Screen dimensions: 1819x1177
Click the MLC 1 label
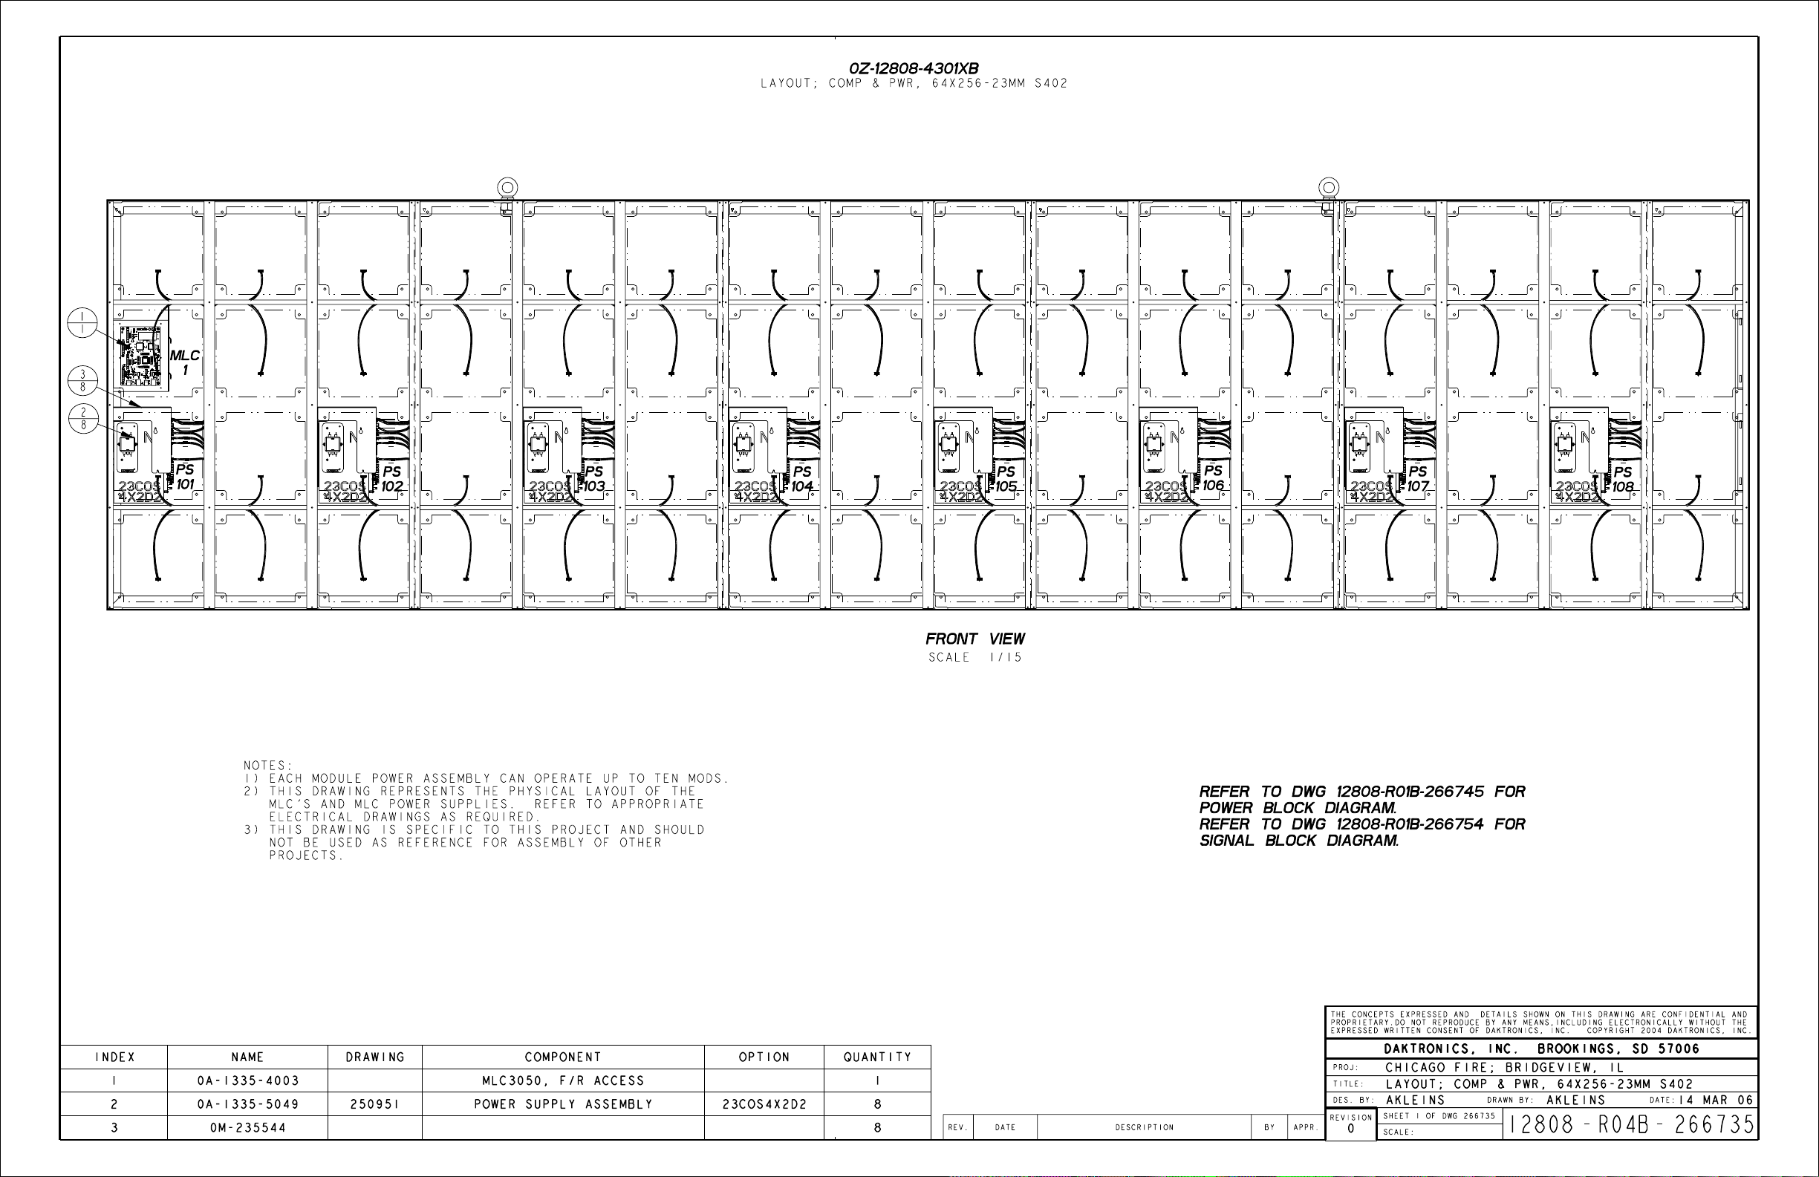pos(184,362)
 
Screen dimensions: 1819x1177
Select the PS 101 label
pos(184,477)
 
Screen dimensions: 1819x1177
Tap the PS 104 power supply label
pos(801,478)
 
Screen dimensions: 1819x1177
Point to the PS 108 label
pos(1623,479)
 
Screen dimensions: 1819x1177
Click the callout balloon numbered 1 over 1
pos(82,322)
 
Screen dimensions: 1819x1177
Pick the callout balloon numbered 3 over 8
pos(82,380)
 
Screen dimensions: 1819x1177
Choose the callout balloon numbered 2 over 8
pos(82,418)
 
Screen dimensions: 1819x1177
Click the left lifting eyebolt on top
pos(507,187)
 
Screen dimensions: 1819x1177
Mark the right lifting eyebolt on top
pos(1328,187)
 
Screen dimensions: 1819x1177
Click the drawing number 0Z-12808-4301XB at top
pos(914,69)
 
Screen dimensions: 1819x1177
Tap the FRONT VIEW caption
pos(974,639)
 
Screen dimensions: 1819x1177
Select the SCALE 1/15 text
pos(974,657)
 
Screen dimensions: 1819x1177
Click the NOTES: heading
pos(268,765)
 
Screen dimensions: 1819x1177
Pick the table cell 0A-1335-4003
pos(247,1080)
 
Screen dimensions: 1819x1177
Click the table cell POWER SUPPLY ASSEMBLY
pos(562,1104)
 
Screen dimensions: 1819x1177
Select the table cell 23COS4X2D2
pos(764,1104)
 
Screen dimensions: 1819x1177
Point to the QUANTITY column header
pos(877,1057)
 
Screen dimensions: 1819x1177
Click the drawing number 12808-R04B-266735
pos(1631,1124)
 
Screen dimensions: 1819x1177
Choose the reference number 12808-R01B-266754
pos(1409,824)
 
